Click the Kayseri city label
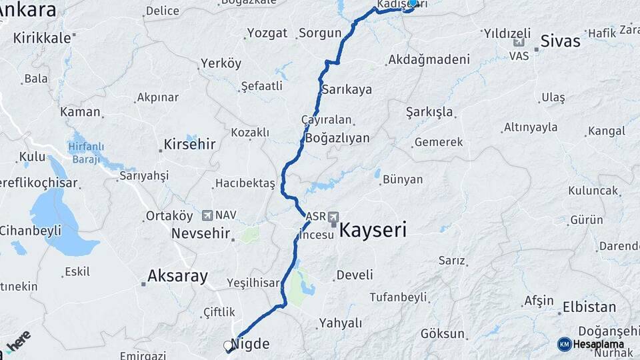point(373,231)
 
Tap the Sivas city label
point(560,41)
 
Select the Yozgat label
point(267,33)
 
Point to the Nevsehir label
point(200,233)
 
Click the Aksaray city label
point(177,275)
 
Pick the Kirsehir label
point(191,145)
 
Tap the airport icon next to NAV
point(207,215)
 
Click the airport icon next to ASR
point(333,217)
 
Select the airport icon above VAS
point(519,43)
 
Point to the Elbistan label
point(589,307)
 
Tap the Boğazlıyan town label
point(337,138)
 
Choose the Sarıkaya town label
point(347,89)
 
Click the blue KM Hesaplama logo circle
point(565,344)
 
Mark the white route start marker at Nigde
point(228,346)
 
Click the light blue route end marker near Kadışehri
point(413,3)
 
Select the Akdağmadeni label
point(428,59)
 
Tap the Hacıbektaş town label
point(245,183)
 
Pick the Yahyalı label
point(340,323)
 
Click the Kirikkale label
point(41,38)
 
